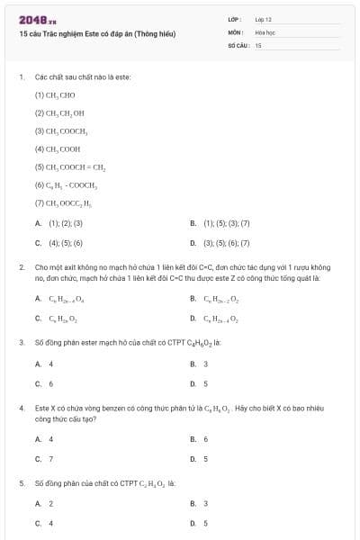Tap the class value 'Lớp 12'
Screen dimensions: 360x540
[263, 19]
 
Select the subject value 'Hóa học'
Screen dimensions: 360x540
[265, 31]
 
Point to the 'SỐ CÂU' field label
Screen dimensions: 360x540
[237, 44]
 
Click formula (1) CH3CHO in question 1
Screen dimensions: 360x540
[55, 94]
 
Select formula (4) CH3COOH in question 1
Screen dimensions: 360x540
[57, 148]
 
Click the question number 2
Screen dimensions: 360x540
[21, 267]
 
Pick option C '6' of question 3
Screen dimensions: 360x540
[50, 382]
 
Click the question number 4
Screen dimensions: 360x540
[21, 408]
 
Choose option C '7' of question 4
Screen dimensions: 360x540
[50, 458]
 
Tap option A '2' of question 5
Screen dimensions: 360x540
[50, 503]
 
